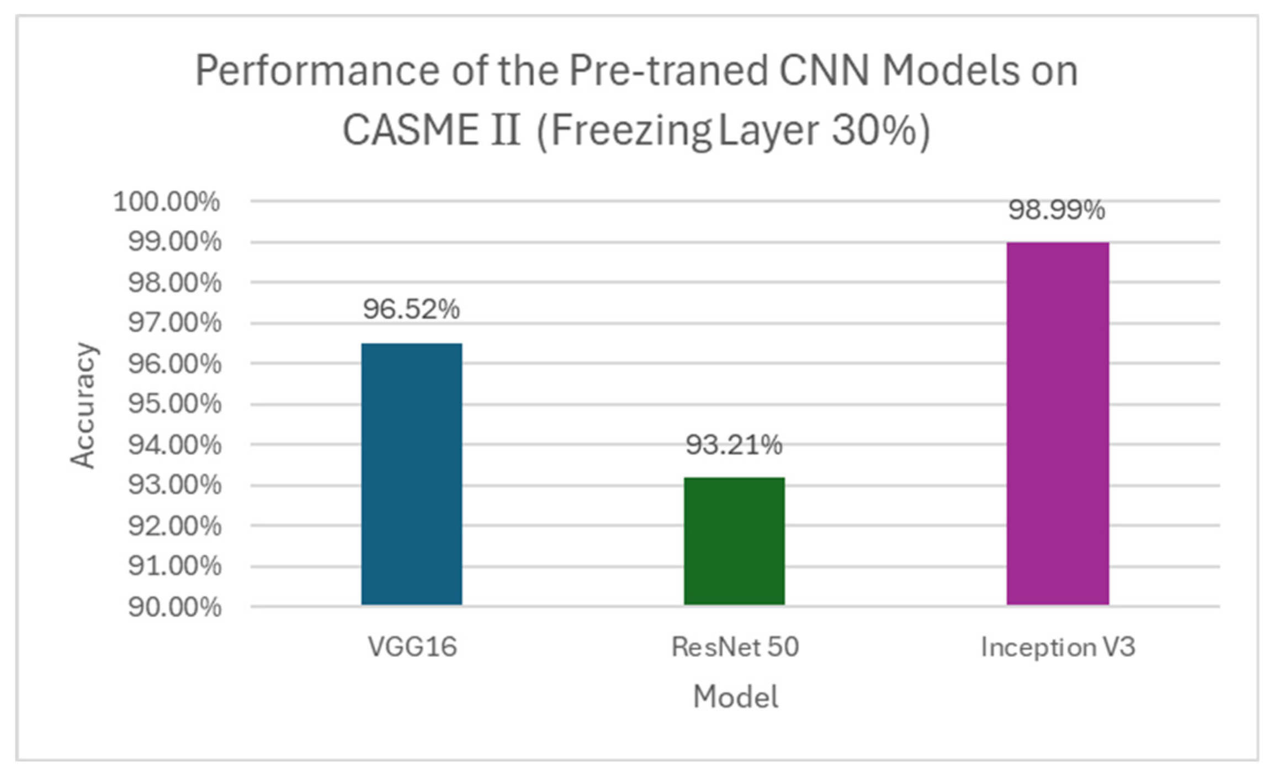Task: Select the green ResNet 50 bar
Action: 734,540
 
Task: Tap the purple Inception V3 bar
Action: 1057,423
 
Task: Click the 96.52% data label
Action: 411,309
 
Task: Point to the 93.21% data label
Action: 734,444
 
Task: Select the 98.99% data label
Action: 1056,210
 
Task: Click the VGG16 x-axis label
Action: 412,646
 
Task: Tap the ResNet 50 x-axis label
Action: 735,646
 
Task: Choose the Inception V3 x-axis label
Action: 1058,647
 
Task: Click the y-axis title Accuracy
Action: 84,406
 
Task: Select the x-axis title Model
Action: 735,697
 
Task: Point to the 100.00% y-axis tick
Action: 167,202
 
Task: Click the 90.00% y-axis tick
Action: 174,607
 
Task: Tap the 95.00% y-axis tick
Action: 174,404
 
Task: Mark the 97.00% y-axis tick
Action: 174,322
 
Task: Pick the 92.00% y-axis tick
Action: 174,526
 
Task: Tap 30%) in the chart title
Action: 881,130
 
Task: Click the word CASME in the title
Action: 411,130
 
